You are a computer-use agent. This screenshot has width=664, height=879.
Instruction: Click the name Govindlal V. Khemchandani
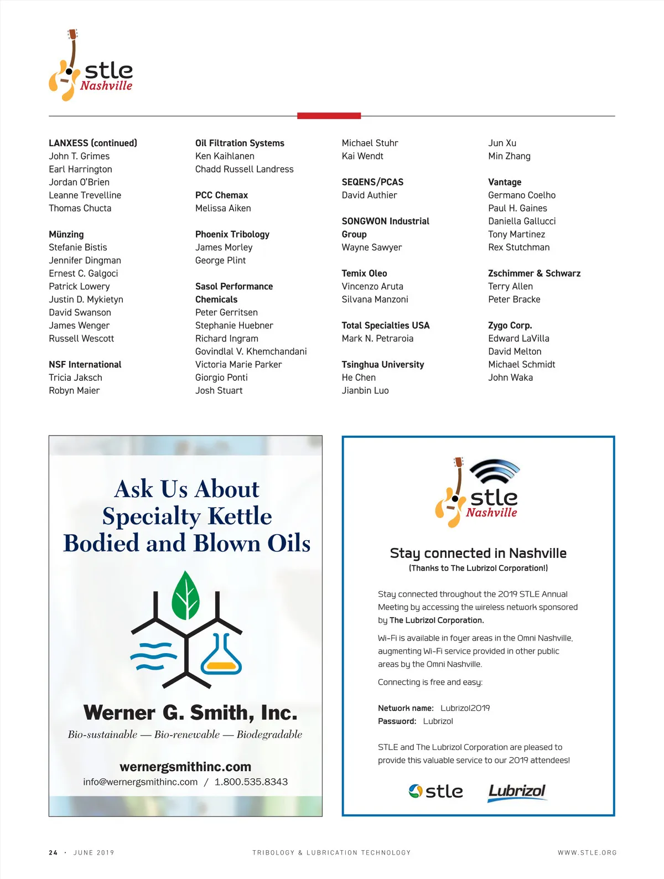pos(251,351)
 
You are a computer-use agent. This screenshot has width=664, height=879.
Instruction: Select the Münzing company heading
pos(66,234)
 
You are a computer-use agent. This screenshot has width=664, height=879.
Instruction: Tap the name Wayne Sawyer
pos(372,247)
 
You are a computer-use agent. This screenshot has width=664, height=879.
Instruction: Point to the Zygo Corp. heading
pos(510,325)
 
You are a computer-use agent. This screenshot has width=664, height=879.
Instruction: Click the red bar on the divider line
pos(329,116)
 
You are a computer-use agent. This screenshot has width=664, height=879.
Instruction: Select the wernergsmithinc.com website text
pos(185,767)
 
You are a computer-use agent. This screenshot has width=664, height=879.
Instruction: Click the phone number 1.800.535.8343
pos(251,782)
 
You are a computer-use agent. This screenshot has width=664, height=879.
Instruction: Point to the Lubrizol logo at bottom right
pos(517,792)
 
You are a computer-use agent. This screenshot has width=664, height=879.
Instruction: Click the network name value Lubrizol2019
pos(465,708)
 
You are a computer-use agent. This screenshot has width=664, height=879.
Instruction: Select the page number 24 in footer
pos(53,852)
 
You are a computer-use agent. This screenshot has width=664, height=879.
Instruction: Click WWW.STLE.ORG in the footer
pos(587,852)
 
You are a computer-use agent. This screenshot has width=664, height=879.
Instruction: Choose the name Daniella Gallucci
pos(522,221)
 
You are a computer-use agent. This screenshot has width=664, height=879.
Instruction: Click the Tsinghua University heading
pos(383,364)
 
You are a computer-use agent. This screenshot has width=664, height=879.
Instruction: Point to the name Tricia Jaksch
pos(75,378)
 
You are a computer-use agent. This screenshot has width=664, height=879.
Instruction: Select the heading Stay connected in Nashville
pos(478,553)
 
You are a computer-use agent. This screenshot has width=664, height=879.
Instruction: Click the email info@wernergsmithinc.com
pos(141,782)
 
